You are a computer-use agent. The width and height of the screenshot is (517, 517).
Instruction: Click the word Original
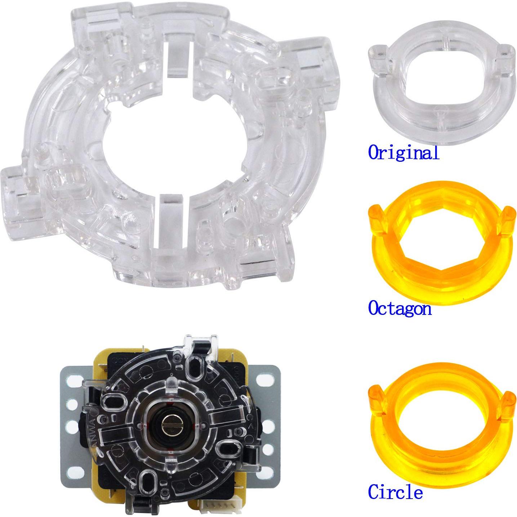[404, 152]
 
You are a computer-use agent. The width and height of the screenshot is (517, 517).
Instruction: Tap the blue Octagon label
[400, 308]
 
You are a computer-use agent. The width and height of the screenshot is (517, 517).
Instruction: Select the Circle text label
[395, 492]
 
